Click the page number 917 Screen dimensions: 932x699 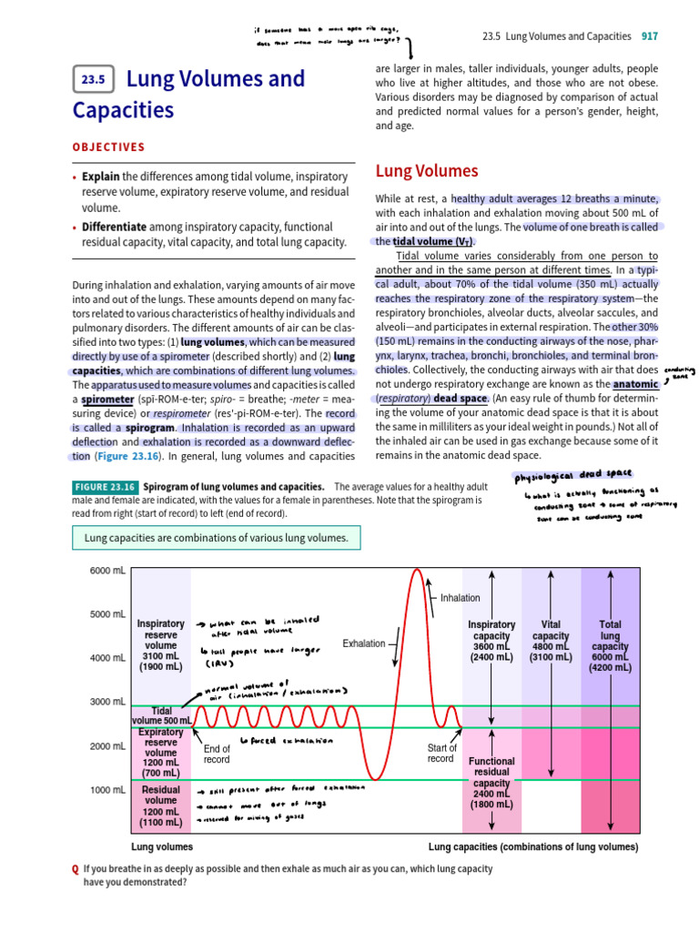(649, 36)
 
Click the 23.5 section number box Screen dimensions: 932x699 (94, 80)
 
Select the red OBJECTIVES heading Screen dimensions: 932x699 (108, 147)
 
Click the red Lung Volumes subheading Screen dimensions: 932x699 (426, 170)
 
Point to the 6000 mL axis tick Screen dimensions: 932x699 (107, 570)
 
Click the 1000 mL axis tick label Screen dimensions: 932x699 (107, 790)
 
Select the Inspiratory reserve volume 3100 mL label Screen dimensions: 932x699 (160, 645)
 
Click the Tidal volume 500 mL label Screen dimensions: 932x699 (160, 715)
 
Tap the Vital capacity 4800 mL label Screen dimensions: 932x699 (551, 641)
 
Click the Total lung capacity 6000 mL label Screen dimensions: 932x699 (610, 646)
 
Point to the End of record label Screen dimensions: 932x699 (217, 755)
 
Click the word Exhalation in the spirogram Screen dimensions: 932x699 (363, 643)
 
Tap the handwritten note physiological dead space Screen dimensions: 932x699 (572, 474)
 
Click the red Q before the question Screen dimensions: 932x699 (75, 868)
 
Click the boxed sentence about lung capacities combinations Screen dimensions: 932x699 (216, 538)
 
